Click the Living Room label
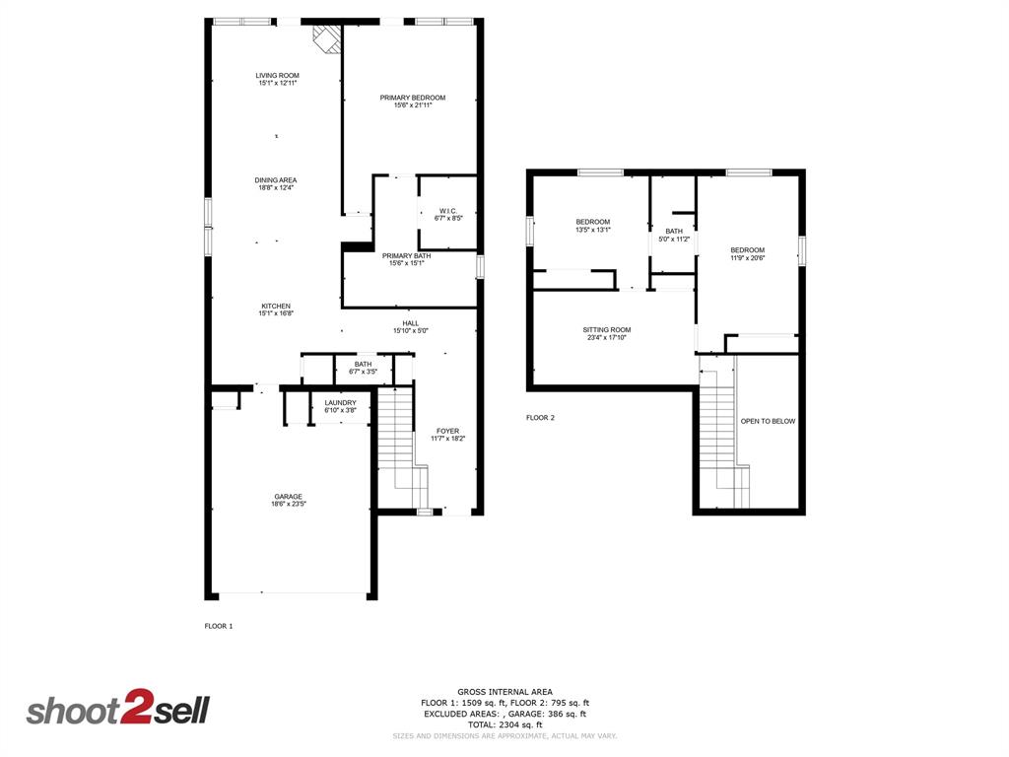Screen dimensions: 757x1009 277,76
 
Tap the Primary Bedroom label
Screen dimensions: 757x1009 413,98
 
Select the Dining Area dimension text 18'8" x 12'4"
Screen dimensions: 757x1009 276,187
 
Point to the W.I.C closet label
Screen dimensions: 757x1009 447,210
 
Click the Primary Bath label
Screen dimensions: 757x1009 407,256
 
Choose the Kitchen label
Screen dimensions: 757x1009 276,306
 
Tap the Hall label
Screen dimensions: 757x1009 411,323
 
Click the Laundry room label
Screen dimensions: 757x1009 340,402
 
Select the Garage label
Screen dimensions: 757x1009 288,497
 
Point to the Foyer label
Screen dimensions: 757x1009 447,431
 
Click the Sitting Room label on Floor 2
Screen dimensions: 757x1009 607,330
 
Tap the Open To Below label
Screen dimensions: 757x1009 768,421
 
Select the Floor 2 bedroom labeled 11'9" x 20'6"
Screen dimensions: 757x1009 747,250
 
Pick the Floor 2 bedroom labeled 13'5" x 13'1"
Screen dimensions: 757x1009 593,222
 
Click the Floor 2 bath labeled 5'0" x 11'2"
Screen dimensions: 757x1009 674,232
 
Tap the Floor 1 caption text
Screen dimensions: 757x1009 219,626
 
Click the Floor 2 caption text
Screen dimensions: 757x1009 540,418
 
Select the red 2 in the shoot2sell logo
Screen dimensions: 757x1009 134,710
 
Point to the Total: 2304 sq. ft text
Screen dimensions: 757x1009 504,724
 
